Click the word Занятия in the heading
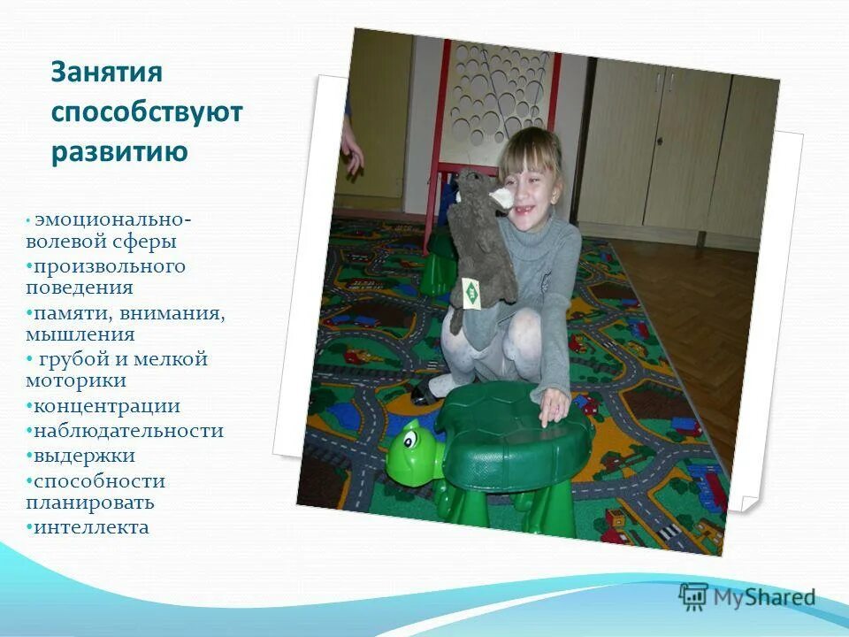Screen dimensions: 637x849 107,72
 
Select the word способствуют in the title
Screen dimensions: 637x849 146,112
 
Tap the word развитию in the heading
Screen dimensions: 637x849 119,152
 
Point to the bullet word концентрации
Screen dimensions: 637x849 107,407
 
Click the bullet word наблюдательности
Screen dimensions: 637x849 129,432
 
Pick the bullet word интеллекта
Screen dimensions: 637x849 92,528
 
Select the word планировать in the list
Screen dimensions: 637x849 90,503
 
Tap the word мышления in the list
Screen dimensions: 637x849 80,335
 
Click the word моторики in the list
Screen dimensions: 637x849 76,381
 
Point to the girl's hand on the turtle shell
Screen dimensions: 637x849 554,404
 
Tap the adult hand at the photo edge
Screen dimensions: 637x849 352,146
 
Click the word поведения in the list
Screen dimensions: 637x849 80,288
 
